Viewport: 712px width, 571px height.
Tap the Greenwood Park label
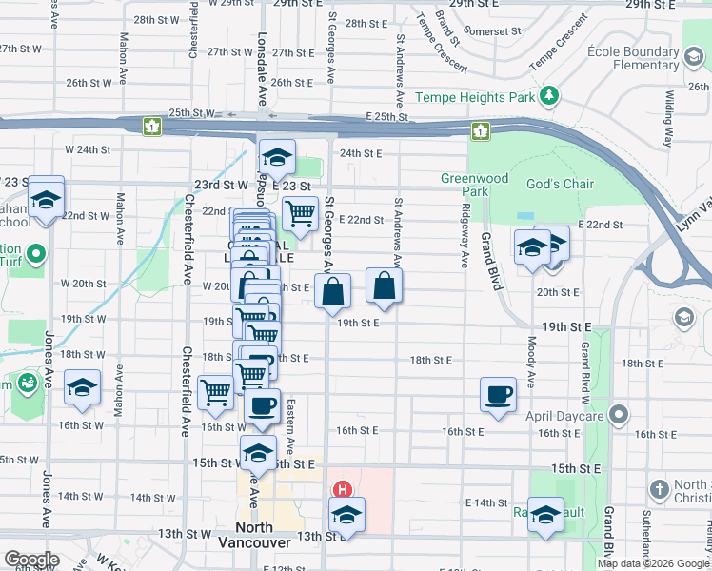pyautogui.click(x=475, y=185)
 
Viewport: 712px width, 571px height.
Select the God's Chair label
pyautogui.click(x=564, y=184)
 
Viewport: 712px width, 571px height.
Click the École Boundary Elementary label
pyautogui.click(x=632, y=58)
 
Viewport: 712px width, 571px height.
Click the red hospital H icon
pyautogui.click(x=342, y=490)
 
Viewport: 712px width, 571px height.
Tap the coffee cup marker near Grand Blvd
pyautogui.click(x=499, y=394)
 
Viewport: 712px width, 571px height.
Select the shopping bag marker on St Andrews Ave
pyautogui.click(x=384, y=285)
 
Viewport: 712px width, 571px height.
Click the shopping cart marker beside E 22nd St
pyautogui.click(x=300, y=214)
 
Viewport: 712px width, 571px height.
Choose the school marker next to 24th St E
pyautogui.click(x=277, y=157)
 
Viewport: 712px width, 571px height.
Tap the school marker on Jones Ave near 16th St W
pyautogui.click(x=82, y=387)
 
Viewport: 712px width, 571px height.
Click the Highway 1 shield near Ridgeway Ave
pyautogui.click(x=481, y=130)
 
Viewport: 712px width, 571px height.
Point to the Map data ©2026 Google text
pyautogui.click(x=654, y=563)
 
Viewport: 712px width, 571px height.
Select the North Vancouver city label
pyautogui.click(x=254, y=535)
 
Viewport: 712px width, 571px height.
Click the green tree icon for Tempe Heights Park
pyautogui.click(x=548, y=96)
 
